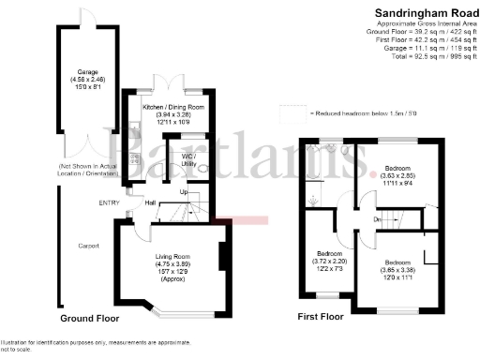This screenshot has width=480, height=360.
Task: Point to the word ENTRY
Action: [x=109, y=202]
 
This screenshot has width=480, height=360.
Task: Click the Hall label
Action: [x=150, y=202]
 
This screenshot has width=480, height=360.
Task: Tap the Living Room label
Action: [x=172, y=256]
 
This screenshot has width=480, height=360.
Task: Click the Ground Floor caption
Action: [x=90, y=318]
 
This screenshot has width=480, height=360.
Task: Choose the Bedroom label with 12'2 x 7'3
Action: [x=329, y=253]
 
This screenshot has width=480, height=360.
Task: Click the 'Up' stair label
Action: [x=185, y=192]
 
